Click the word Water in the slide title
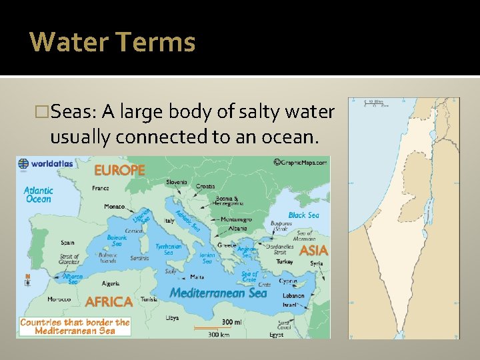69,42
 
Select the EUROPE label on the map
119,170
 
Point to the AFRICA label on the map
109,301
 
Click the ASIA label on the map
313,251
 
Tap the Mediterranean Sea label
218,293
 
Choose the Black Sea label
303,215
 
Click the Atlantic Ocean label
38,194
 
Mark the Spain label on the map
67,243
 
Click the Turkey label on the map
285,262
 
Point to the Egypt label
276,335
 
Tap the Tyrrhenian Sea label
168,249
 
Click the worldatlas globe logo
24,163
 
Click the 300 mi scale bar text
231,322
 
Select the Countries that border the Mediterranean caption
75,326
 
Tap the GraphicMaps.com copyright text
301,161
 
